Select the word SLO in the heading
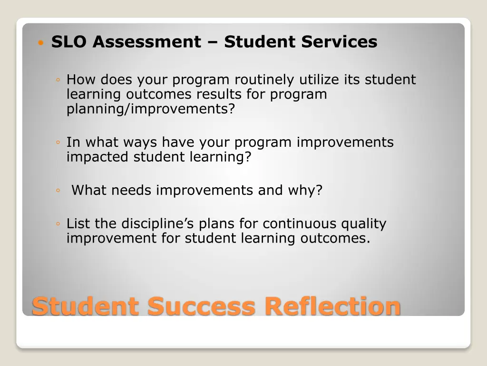point(70,42)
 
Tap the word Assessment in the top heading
point(147,42)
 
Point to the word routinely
point(264,80)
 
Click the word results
point(219,94)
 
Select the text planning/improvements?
point(151,109)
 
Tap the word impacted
point(98,157)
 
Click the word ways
point(141,142)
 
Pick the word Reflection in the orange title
point(332,306)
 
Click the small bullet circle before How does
point(57,80)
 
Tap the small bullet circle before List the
point(57,224)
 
